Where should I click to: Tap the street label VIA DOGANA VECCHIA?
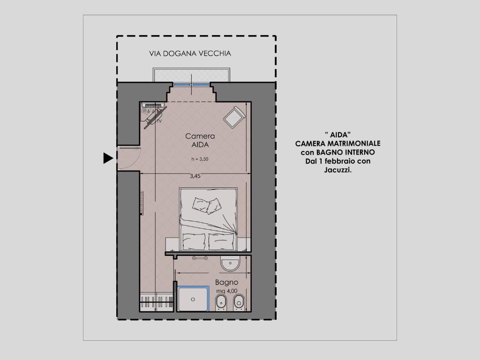tap(190, 53)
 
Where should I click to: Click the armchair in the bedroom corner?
tap(234, 117)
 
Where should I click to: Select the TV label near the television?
tap(159, 121)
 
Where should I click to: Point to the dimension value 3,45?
tap(195, 177)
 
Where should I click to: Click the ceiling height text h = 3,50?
tap(200, 159)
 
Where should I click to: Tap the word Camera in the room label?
tap(200, 136)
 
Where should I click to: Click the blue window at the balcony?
tap(192, 84)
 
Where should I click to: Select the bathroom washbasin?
tap(230, 265)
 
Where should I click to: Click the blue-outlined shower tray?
tap(193, 299)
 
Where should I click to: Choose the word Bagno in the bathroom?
tap(227, 283)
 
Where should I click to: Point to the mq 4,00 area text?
tap(227, 291)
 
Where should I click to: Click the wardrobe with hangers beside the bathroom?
tap(157, 300)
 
